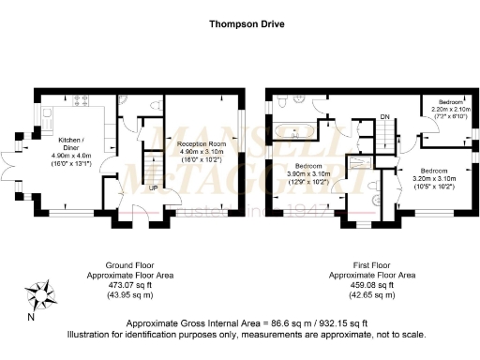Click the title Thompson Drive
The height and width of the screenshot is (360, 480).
[239, 25]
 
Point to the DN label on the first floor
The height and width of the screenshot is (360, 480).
[384, 117]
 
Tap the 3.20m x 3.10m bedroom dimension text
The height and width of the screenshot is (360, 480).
[434, 178]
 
